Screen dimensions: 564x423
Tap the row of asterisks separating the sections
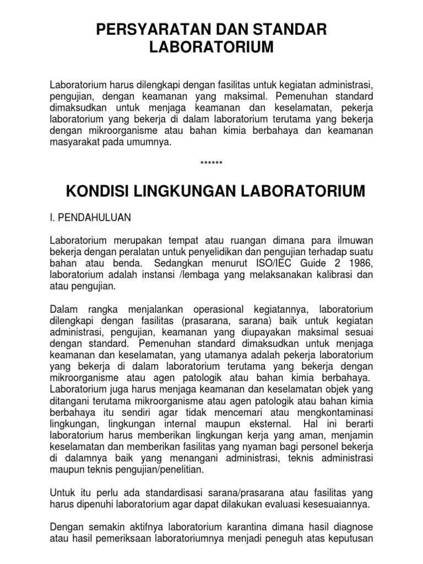pos(211,164)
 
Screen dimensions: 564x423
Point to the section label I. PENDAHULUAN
pos(90,218)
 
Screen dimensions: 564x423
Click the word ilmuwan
pos(353,240)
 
